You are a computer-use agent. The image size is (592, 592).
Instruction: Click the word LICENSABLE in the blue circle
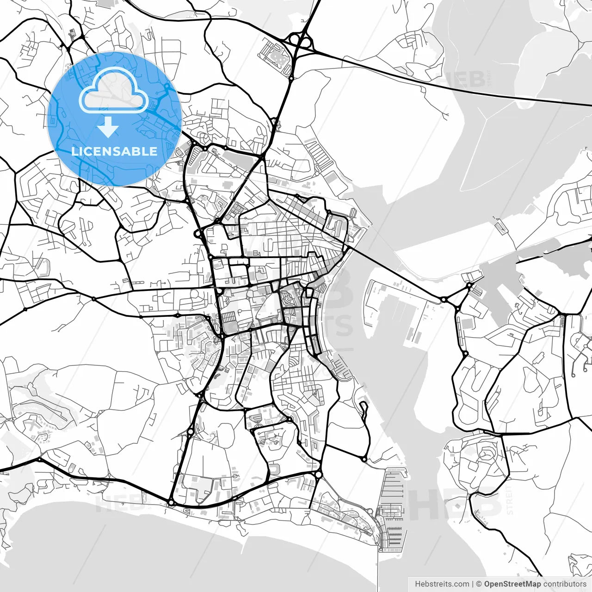point(114,151)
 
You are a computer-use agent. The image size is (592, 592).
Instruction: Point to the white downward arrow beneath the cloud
point(108,127)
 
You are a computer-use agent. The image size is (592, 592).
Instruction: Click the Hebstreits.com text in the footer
point(442,584)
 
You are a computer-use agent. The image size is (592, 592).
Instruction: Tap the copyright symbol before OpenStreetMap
point(479,584)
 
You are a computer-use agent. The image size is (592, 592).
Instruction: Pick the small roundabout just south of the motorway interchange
point(291,79)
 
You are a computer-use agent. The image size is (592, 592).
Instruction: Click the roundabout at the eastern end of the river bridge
point(444,300)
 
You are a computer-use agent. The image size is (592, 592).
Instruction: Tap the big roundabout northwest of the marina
point(318,475)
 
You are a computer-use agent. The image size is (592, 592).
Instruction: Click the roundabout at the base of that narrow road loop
point(364,459)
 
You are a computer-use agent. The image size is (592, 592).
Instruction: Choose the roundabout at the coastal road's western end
point(171,502)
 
